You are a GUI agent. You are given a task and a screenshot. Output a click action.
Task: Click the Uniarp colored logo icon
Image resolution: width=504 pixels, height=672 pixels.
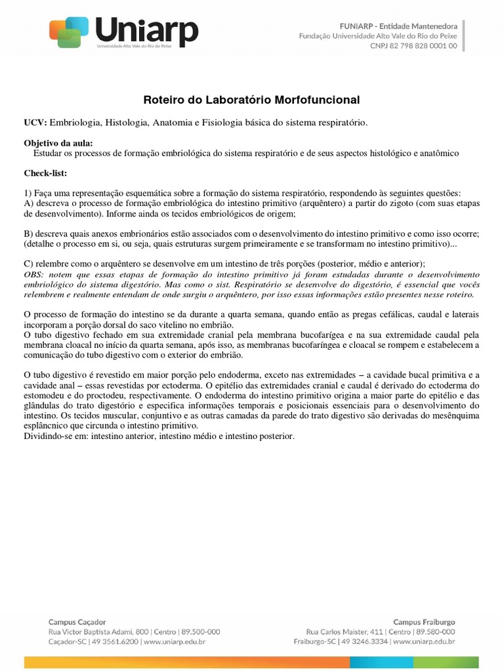pyautogui.click(x=69, y=31)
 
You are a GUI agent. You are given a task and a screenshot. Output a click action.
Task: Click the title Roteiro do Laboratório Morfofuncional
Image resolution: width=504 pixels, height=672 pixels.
pyautogui.click(x=251, y=100)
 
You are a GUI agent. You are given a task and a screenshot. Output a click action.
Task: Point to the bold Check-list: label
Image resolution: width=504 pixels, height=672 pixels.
pyautogui.click(x=45, y=173)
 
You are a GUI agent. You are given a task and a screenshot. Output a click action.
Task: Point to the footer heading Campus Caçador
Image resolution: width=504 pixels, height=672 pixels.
pyautogui.click(x=77, y=621)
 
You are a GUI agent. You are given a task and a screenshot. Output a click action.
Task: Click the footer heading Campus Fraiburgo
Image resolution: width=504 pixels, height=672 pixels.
pyautogui.click(x=424, y=621)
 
